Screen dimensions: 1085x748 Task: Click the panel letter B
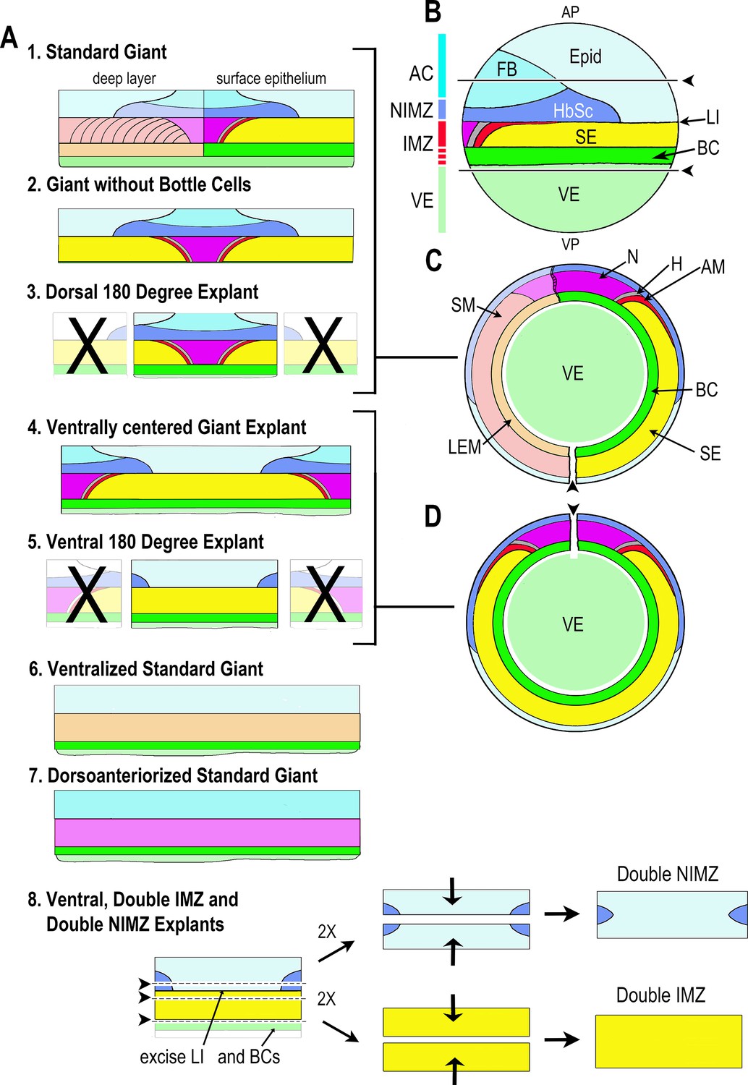coord(433,12)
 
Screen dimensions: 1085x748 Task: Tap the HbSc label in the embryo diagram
coord(573,111)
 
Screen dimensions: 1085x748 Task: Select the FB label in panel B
coord(506,69)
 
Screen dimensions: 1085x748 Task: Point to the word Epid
coord(585,56)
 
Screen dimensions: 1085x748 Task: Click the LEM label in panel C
coord(464,447)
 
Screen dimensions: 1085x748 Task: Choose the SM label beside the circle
coord(463,305)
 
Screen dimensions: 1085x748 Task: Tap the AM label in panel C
coord(713,267)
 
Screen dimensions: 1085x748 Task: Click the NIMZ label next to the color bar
coord(412,111)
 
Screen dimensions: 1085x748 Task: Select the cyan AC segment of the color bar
coord(442,65)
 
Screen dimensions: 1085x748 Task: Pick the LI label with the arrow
coord(712,118)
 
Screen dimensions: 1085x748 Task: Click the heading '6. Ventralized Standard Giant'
coord(146,669)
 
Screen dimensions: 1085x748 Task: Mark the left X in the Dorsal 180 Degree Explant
coord(87,345)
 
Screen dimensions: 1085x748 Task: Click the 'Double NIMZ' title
coord(667,874)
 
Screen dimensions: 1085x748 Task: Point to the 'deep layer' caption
coord(124,79)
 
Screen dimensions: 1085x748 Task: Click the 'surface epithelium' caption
coord(271,79)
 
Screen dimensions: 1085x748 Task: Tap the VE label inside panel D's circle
coord(572,624)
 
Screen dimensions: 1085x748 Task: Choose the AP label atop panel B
coord(570,12)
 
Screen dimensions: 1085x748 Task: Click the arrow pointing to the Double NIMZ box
coord(561,914)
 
